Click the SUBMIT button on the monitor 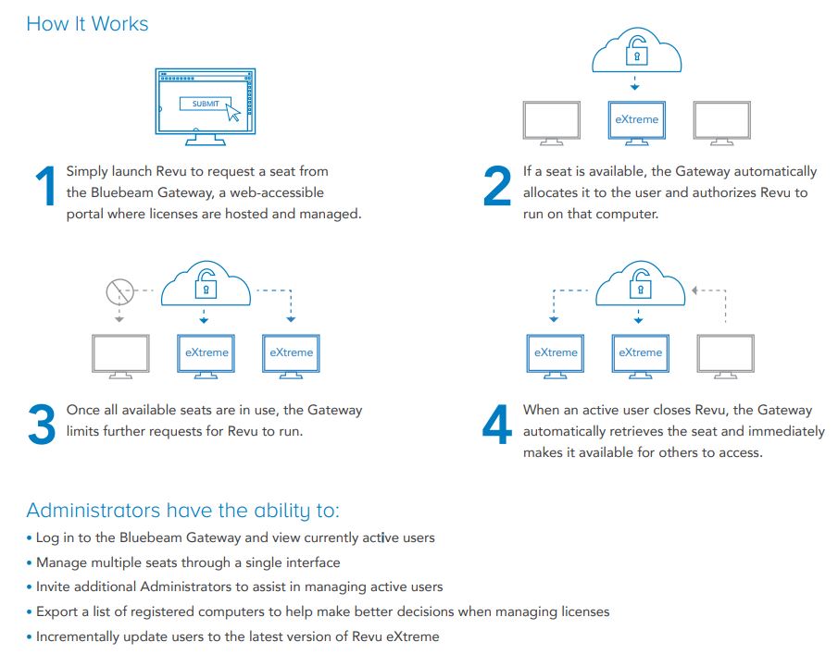point(206,104)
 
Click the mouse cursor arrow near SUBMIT point(233,112)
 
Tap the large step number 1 point(46,185)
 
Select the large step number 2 point(497,185)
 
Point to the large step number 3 point(42,424)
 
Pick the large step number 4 point(497,424)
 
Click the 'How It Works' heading point(87,24)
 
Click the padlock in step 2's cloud point(636,51)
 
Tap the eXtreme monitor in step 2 point(636,123)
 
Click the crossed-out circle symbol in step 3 point(119,291)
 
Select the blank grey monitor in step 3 point(120,356)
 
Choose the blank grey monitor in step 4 point(725,356)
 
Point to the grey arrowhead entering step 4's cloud point(694,290)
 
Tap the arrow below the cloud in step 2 point(634,82)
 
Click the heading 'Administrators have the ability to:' point(182,511)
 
